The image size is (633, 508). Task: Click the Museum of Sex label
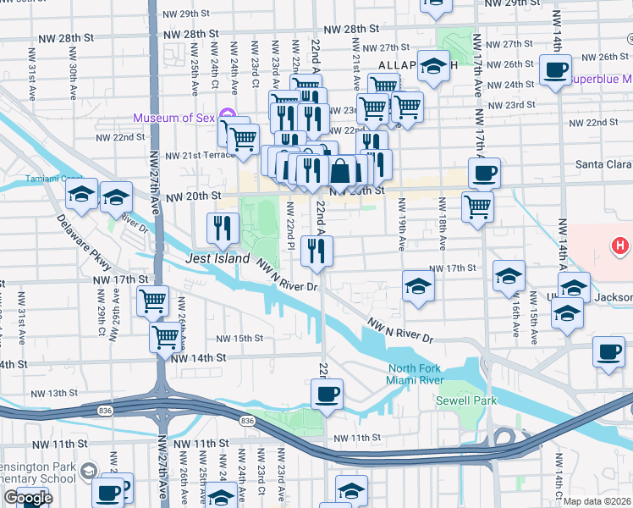point(173,117)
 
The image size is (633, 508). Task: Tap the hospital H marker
point(620,246)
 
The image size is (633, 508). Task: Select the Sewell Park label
point(466,400)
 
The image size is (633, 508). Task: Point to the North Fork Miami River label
point(416,373)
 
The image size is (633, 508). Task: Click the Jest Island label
point(218,258)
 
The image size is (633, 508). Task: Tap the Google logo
point(28,498)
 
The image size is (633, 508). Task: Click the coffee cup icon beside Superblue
point(555,70)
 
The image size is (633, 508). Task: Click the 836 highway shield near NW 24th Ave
point(246,421)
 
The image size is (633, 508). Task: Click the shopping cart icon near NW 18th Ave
point(478,205)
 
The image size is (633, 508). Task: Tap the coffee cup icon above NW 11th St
point(328,394)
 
